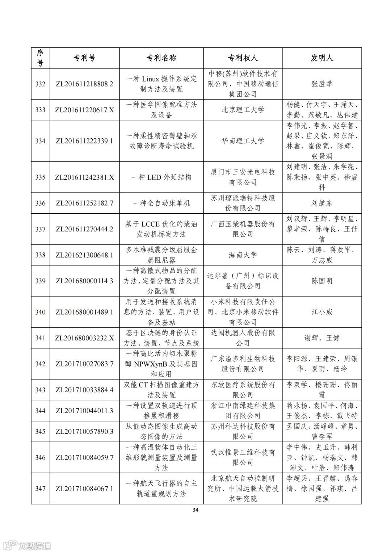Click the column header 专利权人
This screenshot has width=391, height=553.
243,58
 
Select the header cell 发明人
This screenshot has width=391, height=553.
322,58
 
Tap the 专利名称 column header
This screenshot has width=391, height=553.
161,58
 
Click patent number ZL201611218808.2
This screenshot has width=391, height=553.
84,84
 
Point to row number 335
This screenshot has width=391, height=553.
40,177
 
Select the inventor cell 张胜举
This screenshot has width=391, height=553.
322,84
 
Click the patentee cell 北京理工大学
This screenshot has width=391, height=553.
243,110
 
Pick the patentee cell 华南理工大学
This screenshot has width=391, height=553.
243,141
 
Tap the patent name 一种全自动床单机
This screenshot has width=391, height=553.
161,203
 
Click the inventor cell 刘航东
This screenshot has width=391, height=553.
322,203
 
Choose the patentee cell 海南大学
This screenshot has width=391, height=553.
243,255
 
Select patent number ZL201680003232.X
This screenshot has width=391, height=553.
84,338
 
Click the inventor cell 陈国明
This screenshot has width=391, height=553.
322,281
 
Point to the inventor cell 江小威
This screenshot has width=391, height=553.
322,312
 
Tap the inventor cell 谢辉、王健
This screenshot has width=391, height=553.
322,338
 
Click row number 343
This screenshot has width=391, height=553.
40,390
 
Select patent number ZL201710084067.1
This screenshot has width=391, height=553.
84,489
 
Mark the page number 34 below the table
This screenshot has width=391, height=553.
195,510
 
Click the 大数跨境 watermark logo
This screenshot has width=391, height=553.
27,545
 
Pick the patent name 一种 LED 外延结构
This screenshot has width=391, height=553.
161,177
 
